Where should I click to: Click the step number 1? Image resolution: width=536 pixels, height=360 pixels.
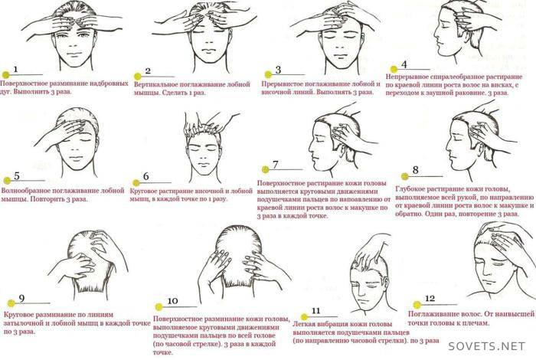click(x=15, y=70)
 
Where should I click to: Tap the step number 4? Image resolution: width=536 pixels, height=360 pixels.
click(x=404, y=64)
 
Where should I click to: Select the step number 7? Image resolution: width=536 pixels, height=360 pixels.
click(x=276, y=165)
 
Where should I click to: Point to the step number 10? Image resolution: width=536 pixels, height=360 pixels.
click(x=172, y=301)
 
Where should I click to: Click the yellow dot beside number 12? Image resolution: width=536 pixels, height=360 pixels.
click(x=417, y=305)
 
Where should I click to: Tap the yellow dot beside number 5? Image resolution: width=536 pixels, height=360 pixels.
click(x=6, y=181)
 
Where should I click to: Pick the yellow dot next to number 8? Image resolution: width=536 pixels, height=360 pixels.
click(x=405, y=176)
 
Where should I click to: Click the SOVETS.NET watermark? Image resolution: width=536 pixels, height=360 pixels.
click(x=486, y=346)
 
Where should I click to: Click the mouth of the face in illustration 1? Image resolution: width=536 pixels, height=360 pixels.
click(x=74, y=54)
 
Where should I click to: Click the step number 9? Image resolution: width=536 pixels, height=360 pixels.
click(x=21, y=299)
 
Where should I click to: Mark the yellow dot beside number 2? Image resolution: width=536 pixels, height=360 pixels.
click(x=138, y=77)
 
